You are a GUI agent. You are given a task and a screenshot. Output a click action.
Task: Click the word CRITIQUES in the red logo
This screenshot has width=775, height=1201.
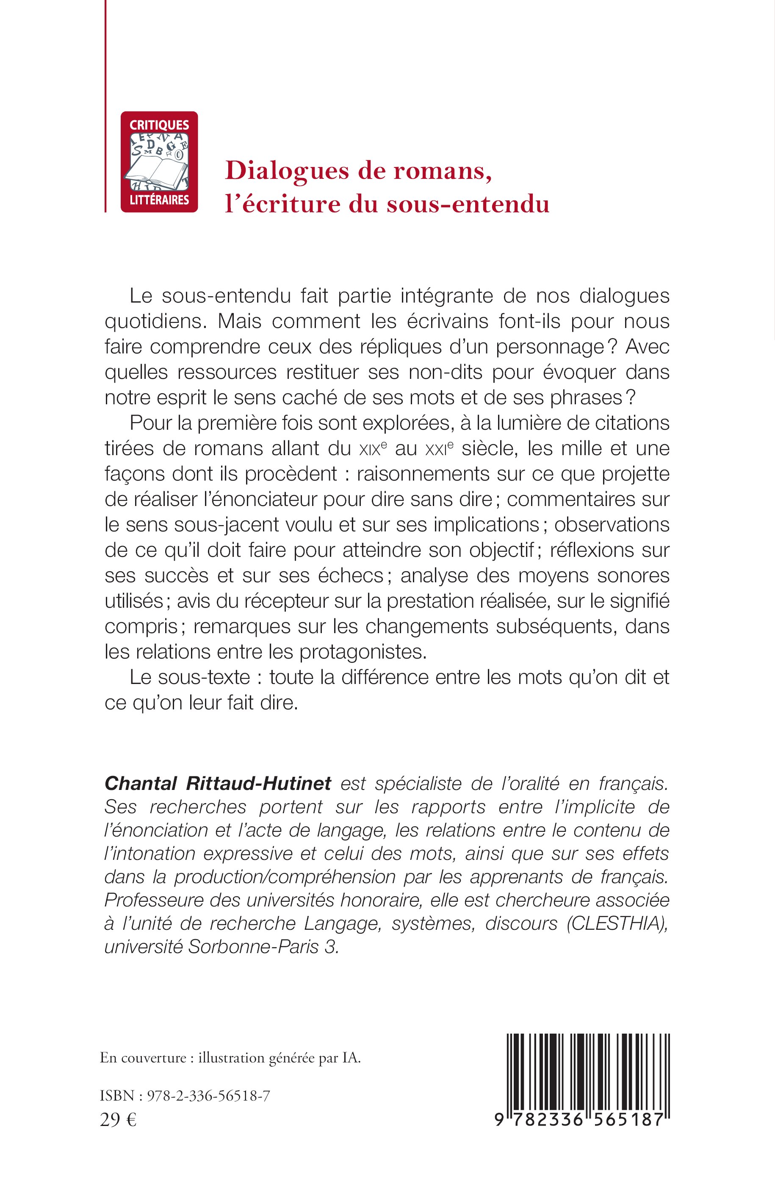(x=159, y=125)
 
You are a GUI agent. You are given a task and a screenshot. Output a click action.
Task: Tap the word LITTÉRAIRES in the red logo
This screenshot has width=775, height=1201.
(x=159, y=200)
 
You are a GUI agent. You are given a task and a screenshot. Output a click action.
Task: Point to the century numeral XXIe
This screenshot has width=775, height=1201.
(x=439, y=449)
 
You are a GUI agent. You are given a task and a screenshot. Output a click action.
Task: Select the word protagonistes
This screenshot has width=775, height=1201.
(x=363, y=652)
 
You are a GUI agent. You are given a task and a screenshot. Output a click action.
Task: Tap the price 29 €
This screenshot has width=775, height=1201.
(x=118, y=1120)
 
